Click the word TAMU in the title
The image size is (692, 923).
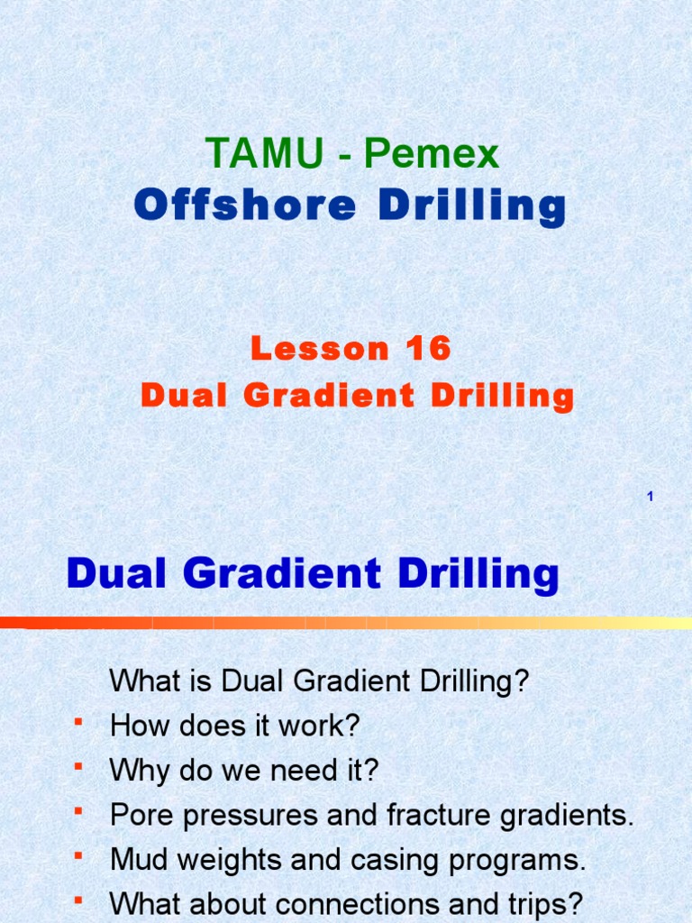point(263,154)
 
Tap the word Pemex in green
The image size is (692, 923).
point(431,154)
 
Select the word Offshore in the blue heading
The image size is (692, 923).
point(245,206)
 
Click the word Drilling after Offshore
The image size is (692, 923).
point(471,206)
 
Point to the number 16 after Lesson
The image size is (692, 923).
point(428,349)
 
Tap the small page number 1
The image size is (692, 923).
point(649,498)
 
